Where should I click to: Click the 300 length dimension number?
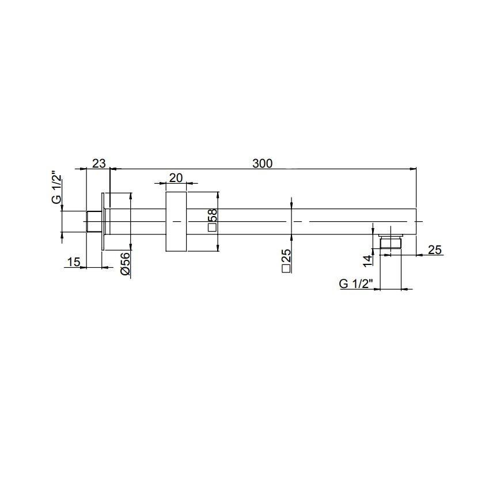(262, 164)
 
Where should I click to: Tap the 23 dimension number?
(98, 164)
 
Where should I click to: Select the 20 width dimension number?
(176, 178)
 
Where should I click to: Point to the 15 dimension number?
(74, 262)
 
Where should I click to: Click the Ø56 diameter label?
(125, 264)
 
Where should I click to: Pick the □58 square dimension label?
(213, 220)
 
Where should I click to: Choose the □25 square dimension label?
(286, 260)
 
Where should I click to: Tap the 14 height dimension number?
(367, 261)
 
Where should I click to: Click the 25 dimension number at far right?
(434, 249)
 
